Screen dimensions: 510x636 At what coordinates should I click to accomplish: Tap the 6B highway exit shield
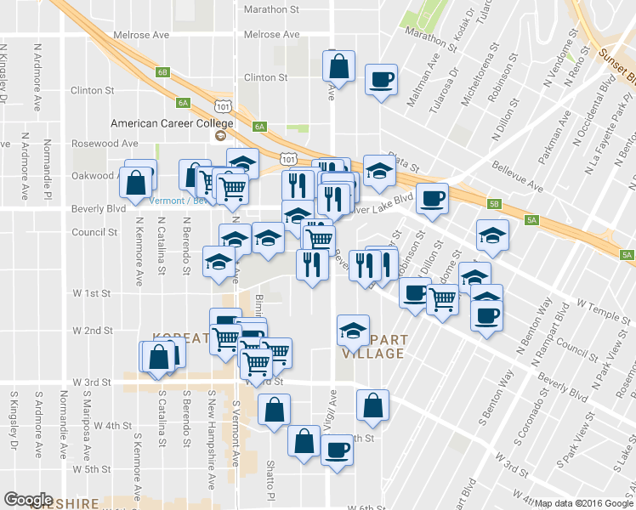coord(162,72)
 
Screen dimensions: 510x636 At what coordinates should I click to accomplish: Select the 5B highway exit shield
coord(494,204)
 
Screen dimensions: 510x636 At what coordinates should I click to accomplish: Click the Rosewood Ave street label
coord(105,143)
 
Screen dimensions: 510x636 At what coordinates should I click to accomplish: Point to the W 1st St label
coord(92,293)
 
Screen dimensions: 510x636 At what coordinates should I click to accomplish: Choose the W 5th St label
coord(92,469)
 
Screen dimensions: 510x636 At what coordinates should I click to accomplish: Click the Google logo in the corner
coord(28,500)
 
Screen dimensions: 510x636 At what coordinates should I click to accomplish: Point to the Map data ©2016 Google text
coord(583,503)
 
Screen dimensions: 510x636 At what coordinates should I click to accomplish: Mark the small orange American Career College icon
coord(220,136)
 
